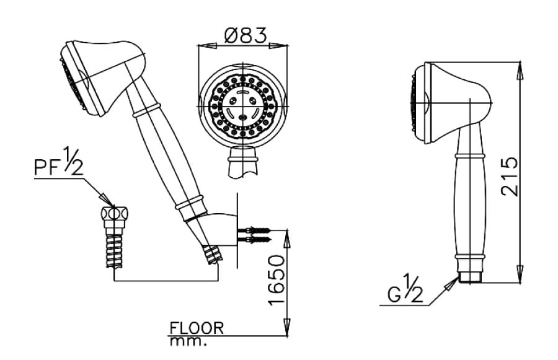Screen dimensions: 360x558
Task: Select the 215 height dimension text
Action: [510, 177]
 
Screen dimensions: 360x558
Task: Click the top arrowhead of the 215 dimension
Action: [520, 68]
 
